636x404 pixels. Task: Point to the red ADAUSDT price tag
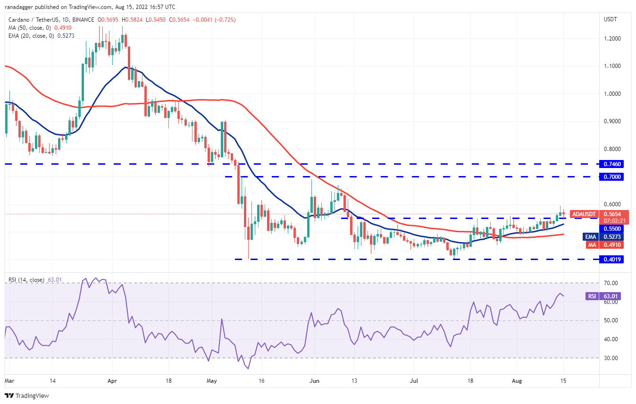[586, 214]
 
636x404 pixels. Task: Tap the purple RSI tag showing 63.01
[591, 296]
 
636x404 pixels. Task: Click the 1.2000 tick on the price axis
[612, 38]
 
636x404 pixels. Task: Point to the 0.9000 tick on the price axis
[612, 121]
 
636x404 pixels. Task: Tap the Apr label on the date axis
[112, 380]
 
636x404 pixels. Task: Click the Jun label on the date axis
[314, 380]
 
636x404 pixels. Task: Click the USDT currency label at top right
[611, 19]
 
